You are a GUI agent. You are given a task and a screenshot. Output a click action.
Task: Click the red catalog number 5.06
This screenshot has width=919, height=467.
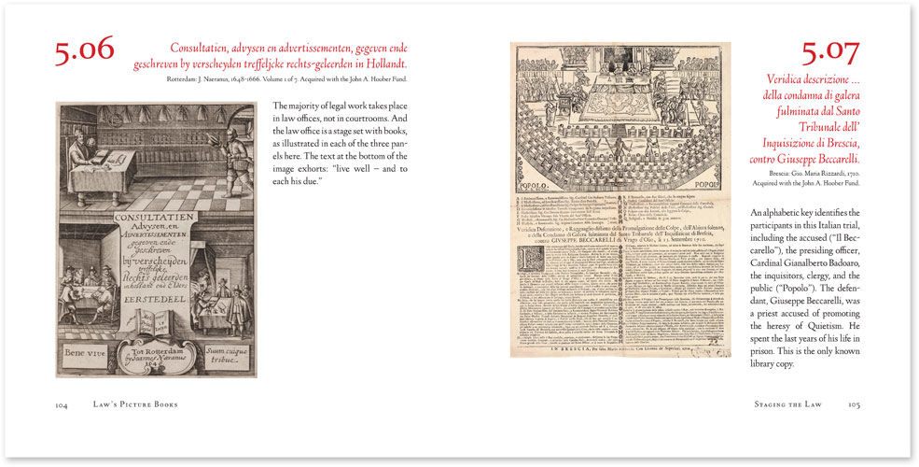(x=84, y=51)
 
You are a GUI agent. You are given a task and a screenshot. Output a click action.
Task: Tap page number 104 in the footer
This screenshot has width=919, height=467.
(x=63, y=405)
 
